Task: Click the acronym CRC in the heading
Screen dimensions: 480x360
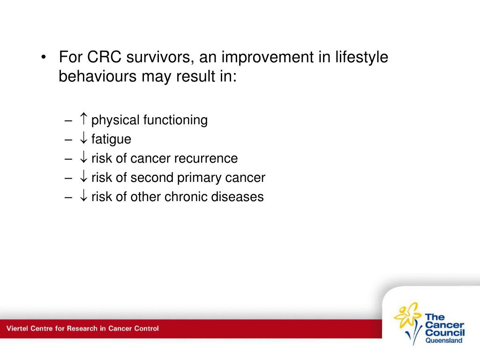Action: click(104, 57)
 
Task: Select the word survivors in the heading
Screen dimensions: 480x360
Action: click(160, 57)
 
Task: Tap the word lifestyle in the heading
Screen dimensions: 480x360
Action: click(361, 57)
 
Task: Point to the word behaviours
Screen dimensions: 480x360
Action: click(97, 76)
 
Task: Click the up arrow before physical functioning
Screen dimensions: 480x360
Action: click(83, 119)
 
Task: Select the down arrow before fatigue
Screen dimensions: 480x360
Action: click(83, 138)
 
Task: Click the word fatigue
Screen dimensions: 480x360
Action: click(111, 139)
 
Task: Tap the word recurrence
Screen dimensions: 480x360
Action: click(206, 158)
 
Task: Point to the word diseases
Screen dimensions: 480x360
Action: click(238, 197)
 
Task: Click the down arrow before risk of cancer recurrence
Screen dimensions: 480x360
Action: click(83, 157)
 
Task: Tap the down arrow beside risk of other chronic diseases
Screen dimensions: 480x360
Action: click(83, 195)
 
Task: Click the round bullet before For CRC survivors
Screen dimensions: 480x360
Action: click(44, 57)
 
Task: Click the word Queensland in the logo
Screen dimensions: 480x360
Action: click(444, 340)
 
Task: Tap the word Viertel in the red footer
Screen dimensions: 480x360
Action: click(17, 329)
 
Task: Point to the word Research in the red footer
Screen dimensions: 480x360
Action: click(82, 329)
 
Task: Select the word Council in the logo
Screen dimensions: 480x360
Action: click(445, 332)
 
